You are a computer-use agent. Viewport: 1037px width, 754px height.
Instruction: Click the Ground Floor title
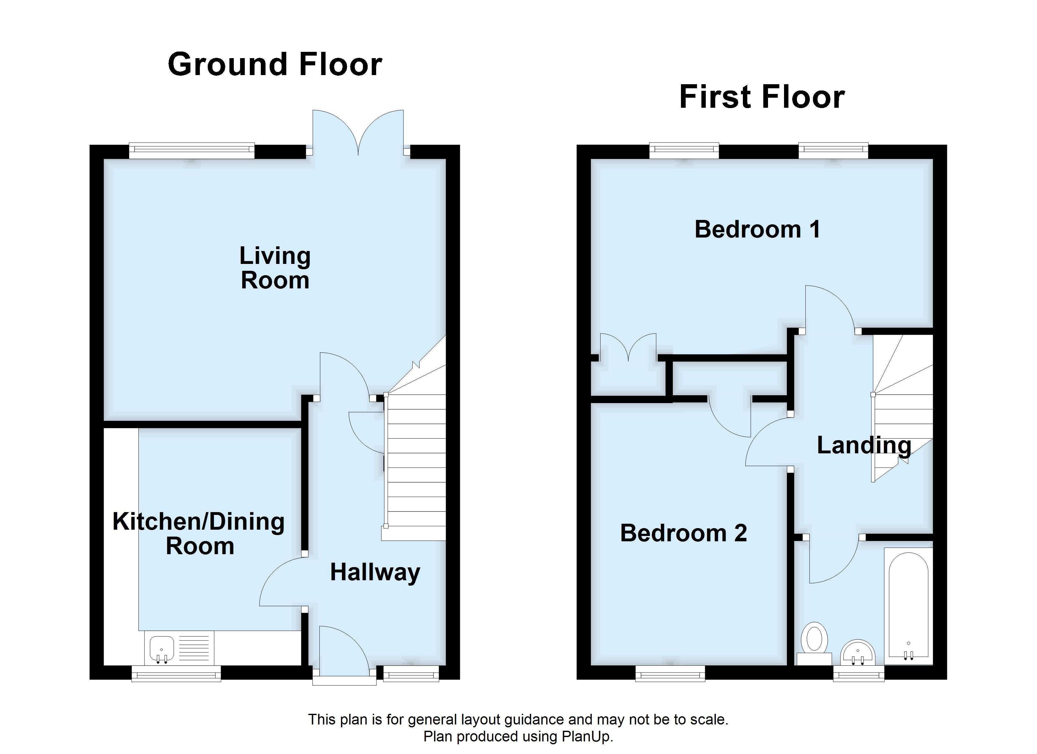pyautogui.click(x=275, y=64)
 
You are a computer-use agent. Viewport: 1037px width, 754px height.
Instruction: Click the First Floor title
pyautogui.click(x=762, y=97)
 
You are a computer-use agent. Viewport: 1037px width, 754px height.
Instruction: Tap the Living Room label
pyautogui.click(x=275, y=268)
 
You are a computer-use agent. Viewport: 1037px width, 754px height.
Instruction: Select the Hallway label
pyautogui.click(x=375, y=572)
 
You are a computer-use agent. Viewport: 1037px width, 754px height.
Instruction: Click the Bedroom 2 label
pyautogui.click(x=683, y=533)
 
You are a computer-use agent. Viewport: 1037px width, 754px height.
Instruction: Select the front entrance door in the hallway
pyautogui.click(x=344, y=651)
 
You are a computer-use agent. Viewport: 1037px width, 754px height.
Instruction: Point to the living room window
pyautogui.click(x=192, y=150)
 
